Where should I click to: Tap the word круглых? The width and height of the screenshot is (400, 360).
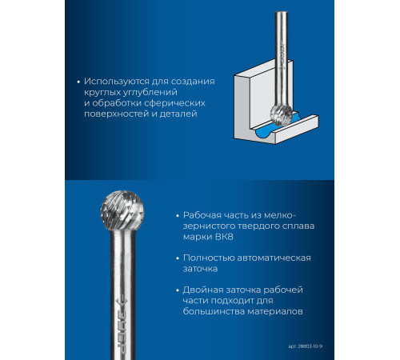point(103,93)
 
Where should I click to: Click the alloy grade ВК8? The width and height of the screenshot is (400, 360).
point(223,237)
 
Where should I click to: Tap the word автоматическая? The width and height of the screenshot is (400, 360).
point(274,258)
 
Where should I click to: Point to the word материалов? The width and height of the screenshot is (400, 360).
point(275,311)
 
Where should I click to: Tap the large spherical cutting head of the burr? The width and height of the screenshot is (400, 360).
point(122,210)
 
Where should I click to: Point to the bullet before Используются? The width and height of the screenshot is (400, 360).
point(78,82)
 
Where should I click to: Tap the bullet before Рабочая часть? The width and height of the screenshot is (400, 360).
point(178,216)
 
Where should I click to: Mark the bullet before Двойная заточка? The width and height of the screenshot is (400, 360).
point(178,290)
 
